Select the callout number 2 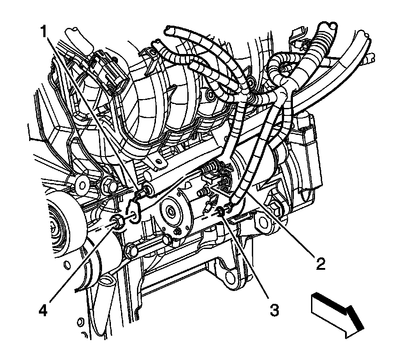click(319, 264)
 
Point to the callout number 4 click(42, 309)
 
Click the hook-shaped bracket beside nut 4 click(134, 211)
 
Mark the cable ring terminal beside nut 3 click(230, 206)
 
